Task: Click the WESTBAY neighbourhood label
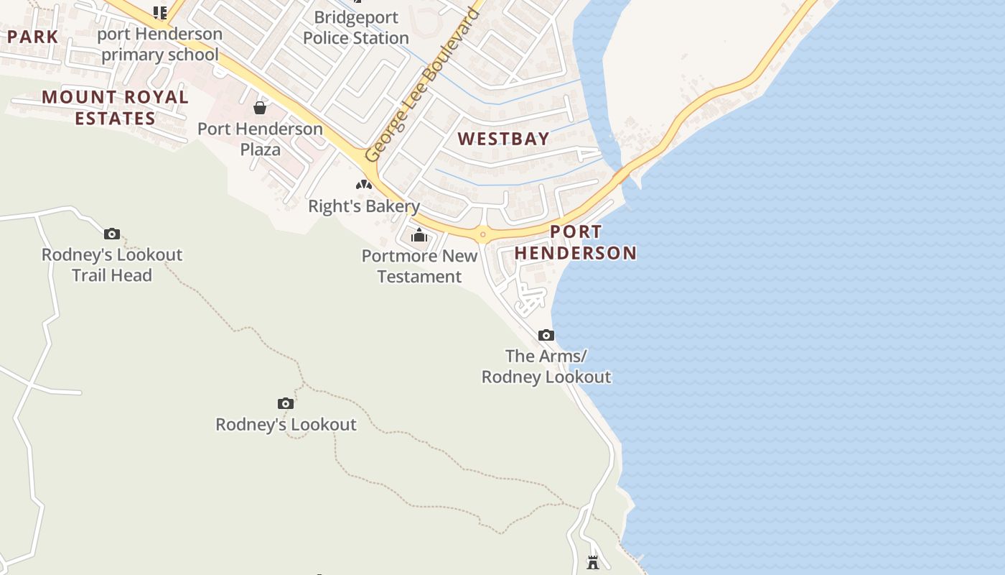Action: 503,139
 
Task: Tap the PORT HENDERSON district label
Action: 576,242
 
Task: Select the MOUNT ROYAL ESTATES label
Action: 115,107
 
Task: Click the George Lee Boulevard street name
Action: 421,85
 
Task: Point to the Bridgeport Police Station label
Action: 355,28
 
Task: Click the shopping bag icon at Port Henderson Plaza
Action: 260,108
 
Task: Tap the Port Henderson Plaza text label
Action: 260,139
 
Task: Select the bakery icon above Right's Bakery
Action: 364,185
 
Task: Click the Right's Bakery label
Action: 364,206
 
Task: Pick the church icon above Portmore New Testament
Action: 419,235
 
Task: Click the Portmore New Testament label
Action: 419,266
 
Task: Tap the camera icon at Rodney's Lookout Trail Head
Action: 111,234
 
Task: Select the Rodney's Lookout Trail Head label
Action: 112,264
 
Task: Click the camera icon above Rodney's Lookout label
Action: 286,403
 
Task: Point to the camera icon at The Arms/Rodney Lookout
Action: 546,335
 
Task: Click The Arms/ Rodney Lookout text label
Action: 546,366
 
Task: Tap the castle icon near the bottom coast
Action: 593,562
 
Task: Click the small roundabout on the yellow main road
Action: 483,234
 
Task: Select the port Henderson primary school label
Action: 159,44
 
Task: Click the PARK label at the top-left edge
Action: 32,37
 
